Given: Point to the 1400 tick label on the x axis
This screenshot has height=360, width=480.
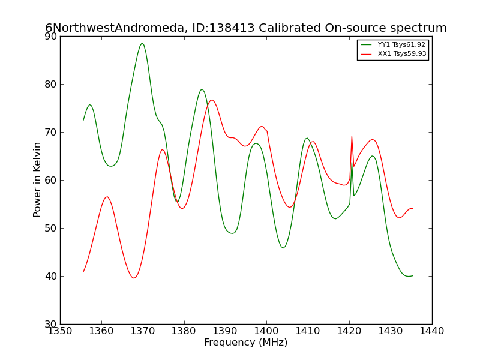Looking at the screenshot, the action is click(266, 331).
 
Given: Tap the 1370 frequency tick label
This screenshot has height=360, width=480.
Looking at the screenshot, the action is click(143, 331).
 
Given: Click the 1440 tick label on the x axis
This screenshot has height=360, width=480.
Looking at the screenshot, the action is click(432, 331).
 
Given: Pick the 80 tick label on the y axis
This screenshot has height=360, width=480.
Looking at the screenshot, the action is click(51, 84).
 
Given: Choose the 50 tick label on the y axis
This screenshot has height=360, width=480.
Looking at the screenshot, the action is click(51, 229).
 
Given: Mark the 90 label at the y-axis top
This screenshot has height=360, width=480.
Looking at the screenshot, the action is click(51, 36).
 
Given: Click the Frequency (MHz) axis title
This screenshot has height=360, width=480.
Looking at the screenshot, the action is click(246, 343).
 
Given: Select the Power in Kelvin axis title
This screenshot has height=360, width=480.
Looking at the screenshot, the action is click(37, 180).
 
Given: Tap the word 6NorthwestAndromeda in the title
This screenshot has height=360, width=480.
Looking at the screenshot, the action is click(115, 28).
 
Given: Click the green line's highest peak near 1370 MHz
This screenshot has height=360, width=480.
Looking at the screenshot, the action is click(142, 43).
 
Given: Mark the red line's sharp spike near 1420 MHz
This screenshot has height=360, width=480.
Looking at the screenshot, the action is click(352, 137).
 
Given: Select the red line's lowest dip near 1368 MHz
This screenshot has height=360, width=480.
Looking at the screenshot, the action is click(134, 278).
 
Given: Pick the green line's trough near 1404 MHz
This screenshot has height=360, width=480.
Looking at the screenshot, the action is click(283, 248).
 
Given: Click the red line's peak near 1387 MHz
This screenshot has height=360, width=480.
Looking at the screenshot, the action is click(212, 100).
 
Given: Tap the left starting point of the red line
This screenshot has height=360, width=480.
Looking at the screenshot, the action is click(83, 272).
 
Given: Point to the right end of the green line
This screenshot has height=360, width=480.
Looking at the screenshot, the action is click(413, 276).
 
